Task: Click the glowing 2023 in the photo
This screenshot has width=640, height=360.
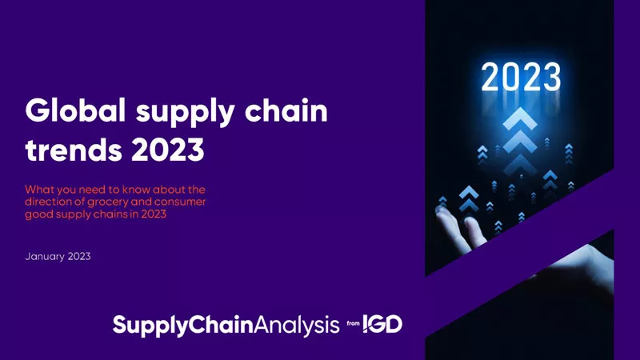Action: click(x=520, y=78)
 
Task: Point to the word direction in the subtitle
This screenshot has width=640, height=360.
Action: click(x=47, y=202)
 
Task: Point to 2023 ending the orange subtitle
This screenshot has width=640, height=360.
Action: click(x=151, y=214)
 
